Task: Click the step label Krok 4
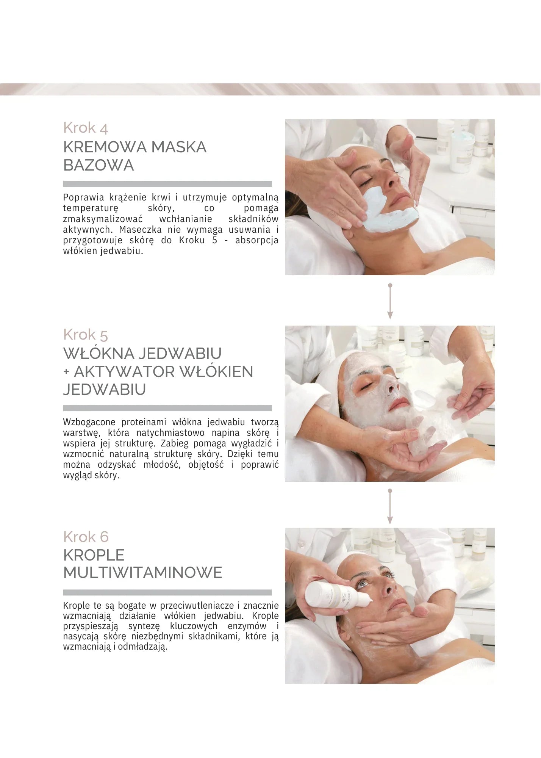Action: (x=86, y=128)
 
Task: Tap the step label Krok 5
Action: (x=86, y=335)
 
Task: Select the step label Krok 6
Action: (x=86, y=537)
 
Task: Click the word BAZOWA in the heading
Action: (x=99, y=165)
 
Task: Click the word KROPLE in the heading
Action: (x=94, y=555)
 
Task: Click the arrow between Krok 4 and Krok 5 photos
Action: (x=390, y=301)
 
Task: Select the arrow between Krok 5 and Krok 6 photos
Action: (x=390, y=507)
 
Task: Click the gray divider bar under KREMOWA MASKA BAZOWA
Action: (x=167, y=184)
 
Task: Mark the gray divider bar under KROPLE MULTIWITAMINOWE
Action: (x=167, y=592)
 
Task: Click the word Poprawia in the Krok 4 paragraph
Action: (x=83, y=197)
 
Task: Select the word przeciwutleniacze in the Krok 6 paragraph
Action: (x=197, y=606)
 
